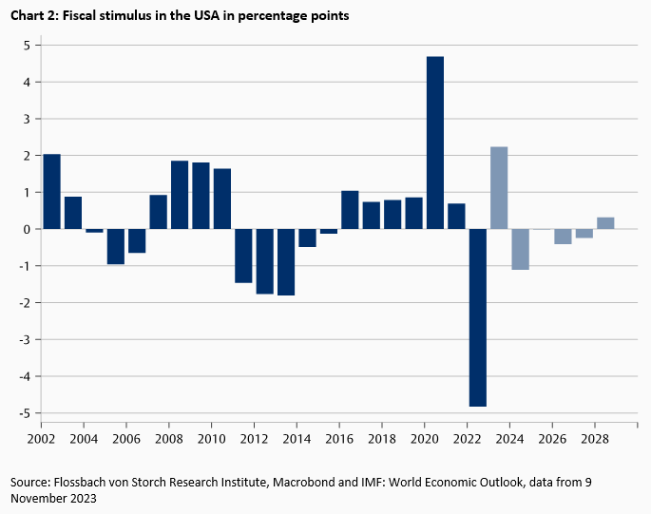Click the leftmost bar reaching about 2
[52, 191]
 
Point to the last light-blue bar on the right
[605, 223]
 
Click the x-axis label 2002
[41, 440]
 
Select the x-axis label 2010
[212, 440]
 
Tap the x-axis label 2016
[340, 440]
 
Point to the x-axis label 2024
[510, 440]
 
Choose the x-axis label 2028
[596, 440]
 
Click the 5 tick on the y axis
[28, 46]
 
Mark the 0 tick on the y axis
[28, 229]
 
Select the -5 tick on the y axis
[26, 413]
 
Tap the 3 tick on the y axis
[28, 119]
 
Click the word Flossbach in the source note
[89, 483]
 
